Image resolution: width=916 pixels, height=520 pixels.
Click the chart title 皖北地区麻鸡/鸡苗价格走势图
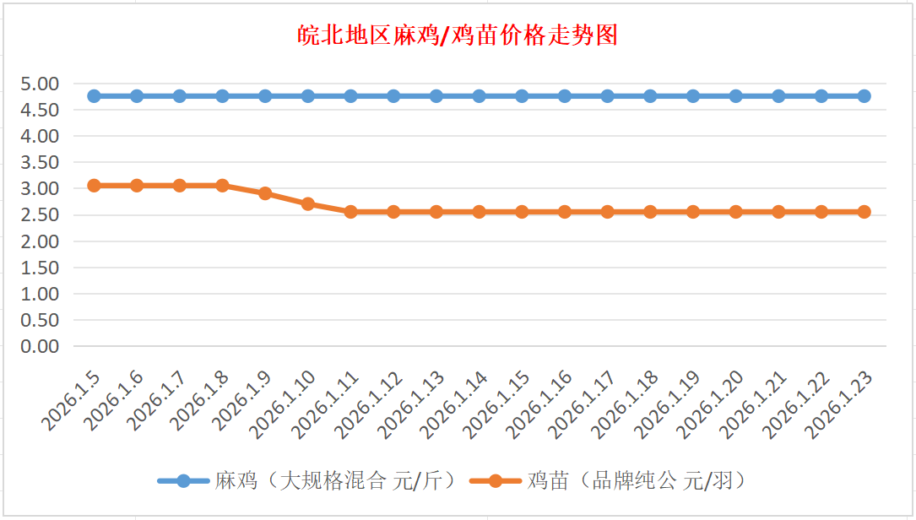coord(458,35)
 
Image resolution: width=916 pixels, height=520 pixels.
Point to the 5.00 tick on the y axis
coord(42,84)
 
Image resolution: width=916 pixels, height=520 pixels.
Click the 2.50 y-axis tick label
coord(42,215)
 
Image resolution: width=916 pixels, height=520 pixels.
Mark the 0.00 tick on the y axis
coord(42,346)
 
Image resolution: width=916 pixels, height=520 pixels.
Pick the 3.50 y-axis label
coord(42,162)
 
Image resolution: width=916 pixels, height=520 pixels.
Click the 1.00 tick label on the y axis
coord(42,294)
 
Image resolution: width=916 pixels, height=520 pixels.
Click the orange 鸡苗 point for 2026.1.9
coord(265,193)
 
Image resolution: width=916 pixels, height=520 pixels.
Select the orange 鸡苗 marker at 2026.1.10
coord(308,203)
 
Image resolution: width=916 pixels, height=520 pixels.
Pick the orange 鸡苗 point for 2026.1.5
coord(94,185)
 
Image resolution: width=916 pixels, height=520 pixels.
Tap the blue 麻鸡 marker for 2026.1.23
coord(864,96)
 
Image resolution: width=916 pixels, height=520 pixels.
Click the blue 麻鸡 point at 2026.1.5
coord(94,96)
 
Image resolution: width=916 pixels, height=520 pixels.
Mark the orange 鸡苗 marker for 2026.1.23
coord(864,212)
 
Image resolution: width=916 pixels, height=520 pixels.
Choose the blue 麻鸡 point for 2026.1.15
coord(522,96)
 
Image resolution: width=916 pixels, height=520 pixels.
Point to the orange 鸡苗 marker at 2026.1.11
coord(350,212)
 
